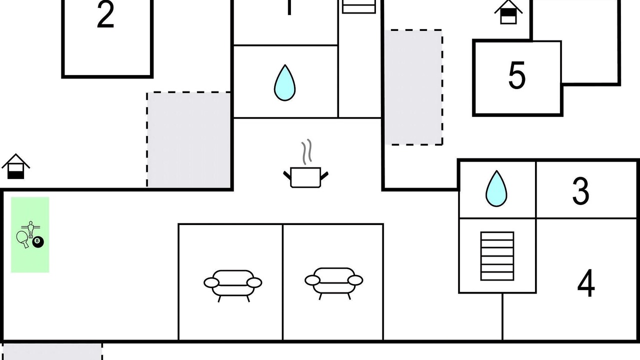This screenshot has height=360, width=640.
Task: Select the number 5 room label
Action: pyautogui.click(x=517, y=76)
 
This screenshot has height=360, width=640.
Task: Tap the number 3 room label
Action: pyautogui.click(x=580, y=191)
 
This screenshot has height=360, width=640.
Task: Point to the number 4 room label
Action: pyautogui.click(x=586, y=283)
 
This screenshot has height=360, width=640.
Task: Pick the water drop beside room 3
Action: pyautogui.click(x=496, y=189)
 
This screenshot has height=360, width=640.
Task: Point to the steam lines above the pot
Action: pyautogui.click(x=306, y=151)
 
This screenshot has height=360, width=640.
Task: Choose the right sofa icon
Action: pyautogui.click(x=334, y=282)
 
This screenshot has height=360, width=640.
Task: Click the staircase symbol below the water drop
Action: pyautogui.click(x=497, y=256)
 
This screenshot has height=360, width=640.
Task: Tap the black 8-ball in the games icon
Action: pyautogui.click(x=38, y=242)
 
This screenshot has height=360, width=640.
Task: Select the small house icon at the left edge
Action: pyautogui.click(x=16, y=167)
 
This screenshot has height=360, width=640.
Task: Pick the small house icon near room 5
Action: pyautogui.click(x=508, y=11)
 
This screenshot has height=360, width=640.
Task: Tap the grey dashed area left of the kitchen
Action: pyautogui.click(x=189, y=139)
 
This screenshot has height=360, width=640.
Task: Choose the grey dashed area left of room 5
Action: pyautogui.click(x=413, y=87)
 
